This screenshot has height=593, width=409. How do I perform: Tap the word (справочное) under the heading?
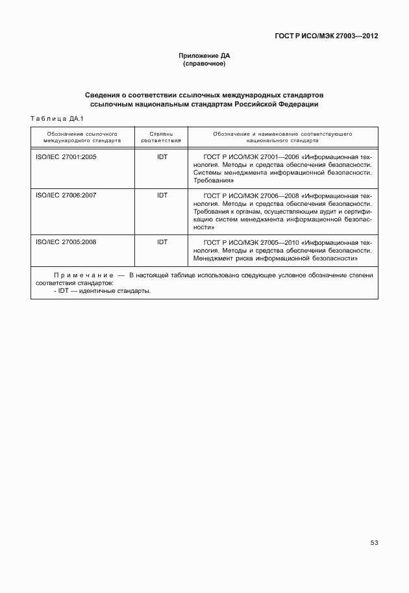(204, 64)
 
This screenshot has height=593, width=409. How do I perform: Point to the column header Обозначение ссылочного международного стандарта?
(82, 136)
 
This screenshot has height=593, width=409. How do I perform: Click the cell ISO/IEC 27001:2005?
(66, 157)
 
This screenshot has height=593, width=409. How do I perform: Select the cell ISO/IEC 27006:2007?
(66, 195)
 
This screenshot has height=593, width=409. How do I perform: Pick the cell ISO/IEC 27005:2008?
(66, 242)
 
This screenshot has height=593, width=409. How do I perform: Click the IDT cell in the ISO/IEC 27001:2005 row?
(162, 157)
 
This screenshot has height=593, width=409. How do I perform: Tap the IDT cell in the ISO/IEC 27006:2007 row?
(162, 195)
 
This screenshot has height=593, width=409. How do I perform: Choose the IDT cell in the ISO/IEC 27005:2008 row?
(162, 242)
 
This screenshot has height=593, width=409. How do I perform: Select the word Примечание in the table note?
(84, 275)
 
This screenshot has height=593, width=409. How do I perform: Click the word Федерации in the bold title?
(298, 104)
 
